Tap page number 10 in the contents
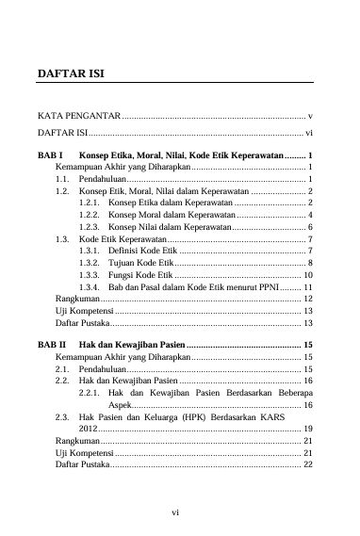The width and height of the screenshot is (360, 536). tap(307, 273)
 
